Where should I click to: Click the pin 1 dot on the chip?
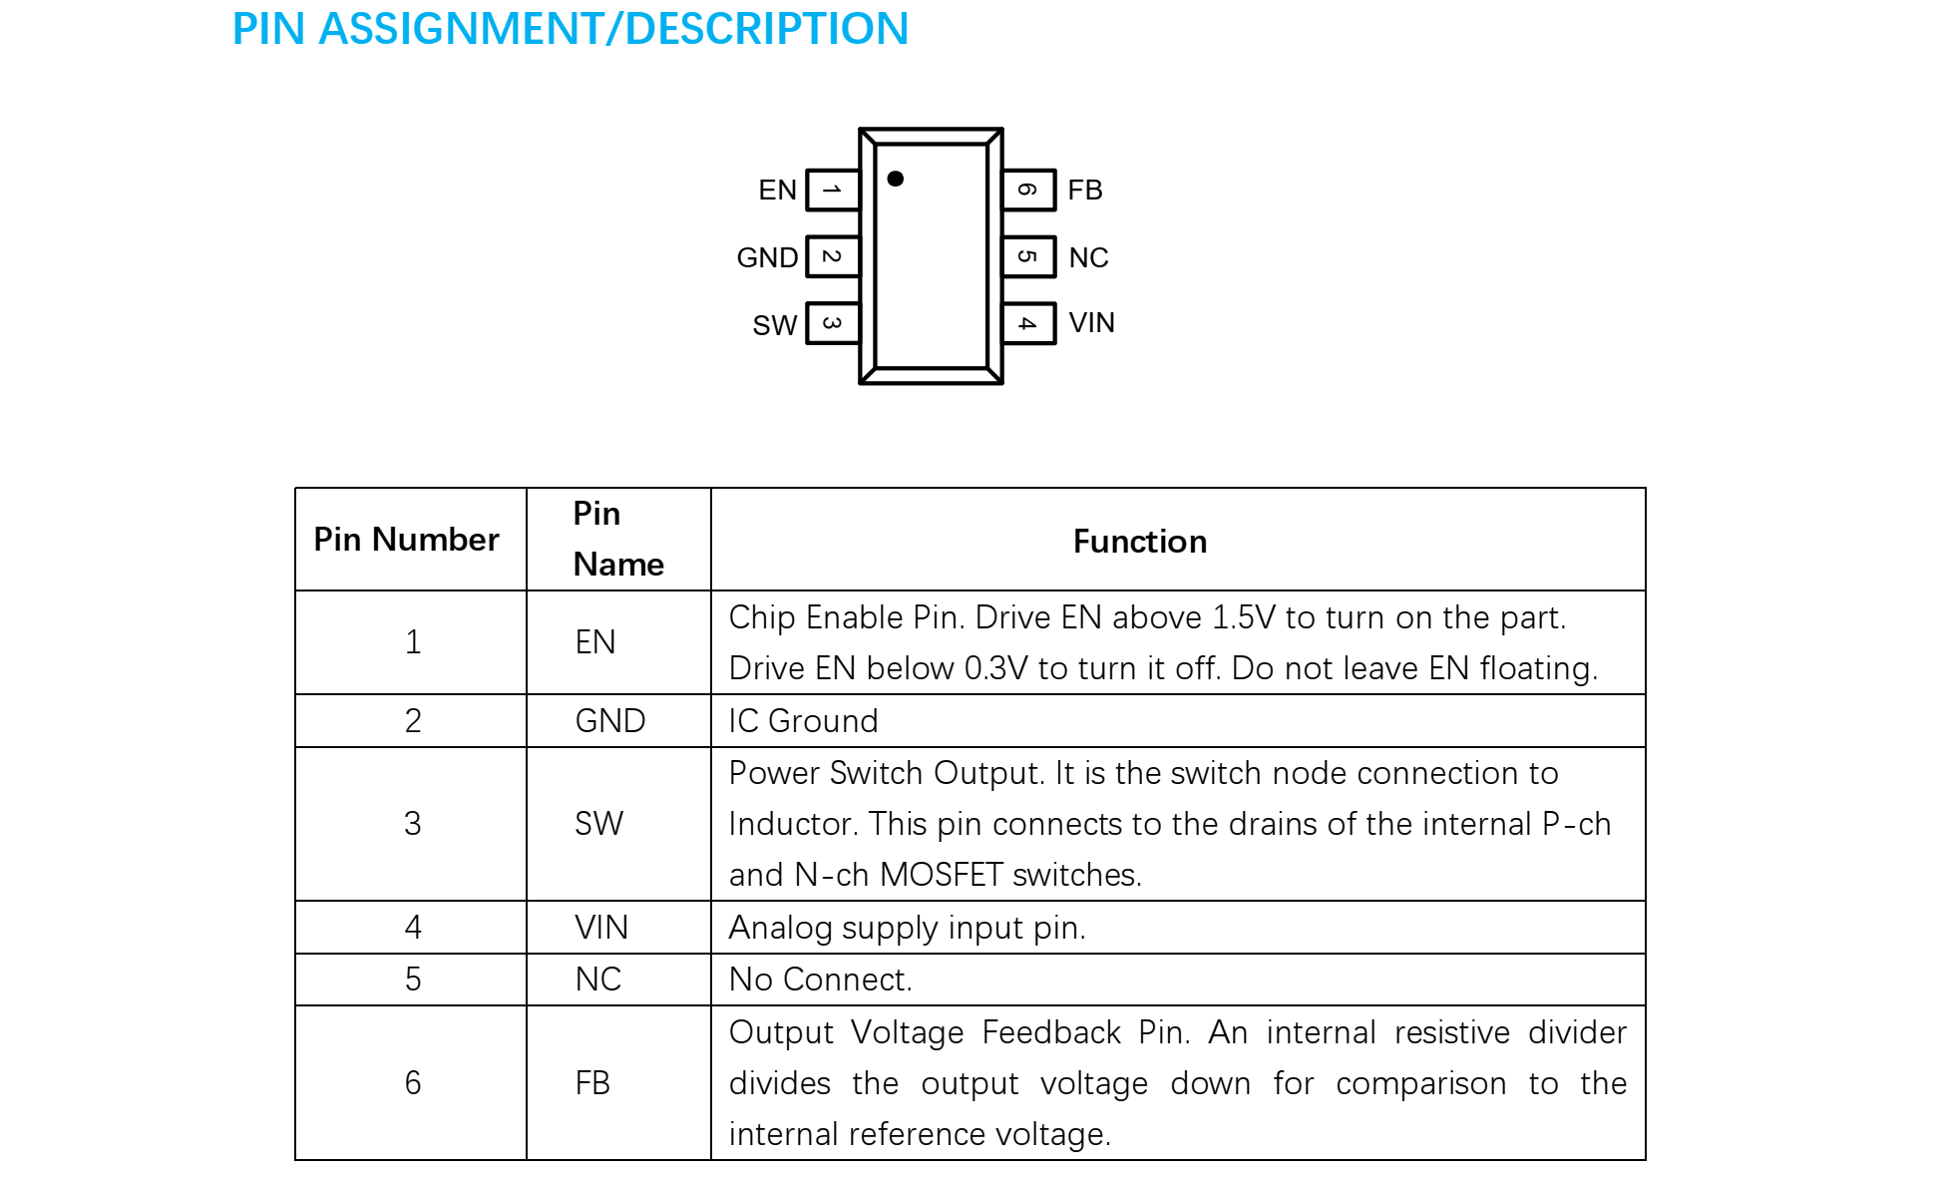[895, 179]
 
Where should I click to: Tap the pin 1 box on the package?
[832, 190]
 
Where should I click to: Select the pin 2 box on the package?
[832, 256]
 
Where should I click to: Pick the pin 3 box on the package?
[832, 323]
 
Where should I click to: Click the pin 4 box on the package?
[1028, 323]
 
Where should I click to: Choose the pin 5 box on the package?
[1028, 256]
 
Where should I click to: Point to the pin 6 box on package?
[1028, 190]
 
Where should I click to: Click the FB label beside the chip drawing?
[1085, 190]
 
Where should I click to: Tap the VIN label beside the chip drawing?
[1091, 322]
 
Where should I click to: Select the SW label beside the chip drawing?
[774, 325]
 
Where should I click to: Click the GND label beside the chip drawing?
[767, 257]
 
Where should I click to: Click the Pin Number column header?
[406, 540]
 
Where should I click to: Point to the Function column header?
[1139, 542]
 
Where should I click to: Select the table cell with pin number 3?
[412, 824]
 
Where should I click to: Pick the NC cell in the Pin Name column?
[598, 980]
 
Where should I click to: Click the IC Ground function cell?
[803, 721]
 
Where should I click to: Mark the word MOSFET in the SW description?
[941, 875]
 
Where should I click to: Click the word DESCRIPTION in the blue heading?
[766, 28]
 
